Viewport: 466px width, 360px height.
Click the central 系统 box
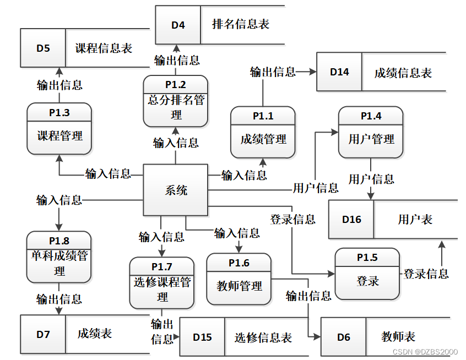176,190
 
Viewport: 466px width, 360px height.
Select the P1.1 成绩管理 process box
263,132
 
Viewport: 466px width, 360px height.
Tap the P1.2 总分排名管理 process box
176,101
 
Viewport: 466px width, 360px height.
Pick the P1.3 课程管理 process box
59,128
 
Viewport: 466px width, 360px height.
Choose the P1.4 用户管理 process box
371,132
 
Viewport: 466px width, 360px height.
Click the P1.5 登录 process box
367,274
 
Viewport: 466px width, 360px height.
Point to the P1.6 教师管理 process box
239,279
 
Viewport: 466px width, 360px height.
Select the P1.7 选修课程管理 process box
162,283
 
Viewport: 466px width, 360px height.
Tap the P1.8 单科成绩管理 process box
59,257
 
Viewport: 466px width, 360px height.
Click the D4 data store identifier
178,25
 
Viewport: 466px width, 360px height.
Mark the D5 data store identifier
43,48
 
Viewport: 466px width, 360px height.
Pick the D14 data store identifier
339,72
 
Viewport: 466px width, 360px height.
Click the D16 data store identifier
351,220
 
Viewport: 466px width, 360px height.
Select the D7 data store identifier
43,334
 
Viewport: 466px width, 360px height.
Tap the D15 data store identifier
202,337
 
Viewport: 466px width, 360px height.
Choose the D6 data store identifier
344,337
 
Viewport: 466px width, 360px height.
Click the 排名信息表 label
241,24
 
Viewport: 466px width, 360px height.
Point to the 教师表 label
398,337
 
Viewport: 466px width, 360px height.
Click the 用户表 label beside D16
415,220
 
